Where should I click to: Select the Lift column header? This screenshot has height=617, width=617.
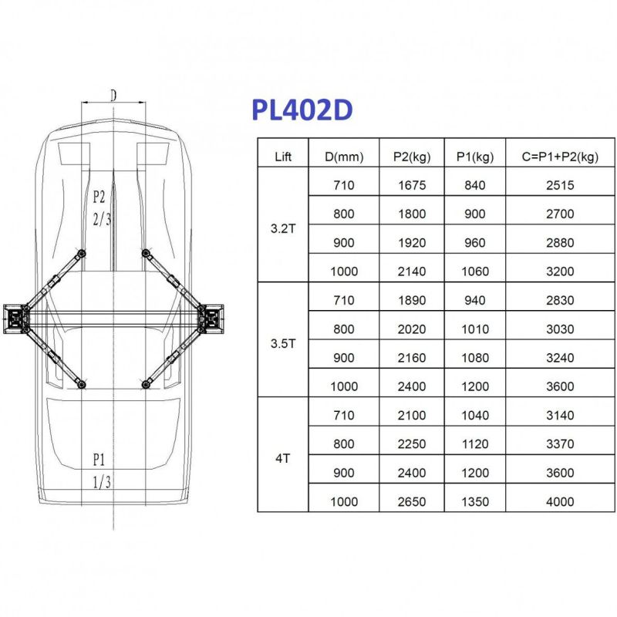[283, 157]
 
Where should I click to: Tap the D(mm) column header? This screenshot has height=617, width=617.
[344, 157]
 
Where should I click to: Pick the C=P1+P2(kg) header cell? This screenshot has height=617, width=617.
[559, 157]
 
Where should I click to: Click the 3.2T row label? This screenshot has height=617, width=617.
[283, 228]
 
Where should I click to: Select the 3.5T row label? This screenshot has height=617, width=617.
[283, 344]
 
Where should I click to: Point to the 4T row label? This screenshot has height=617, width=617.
[283, 458]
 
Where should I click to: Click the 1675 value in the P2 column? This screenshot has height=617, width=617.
[413, 185]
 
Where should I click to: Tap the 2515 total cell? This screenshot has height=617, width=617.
[559, 185]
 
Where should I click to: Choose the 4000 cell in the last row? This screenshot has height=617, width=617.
[559, 501]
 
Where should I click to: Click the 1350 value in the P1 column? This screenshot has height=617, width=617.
[475, 501]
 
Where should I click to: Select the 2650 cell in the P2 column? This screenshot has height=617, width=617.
[413, 501]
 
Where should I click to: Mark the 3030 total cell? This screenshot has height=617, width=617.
[559, 329]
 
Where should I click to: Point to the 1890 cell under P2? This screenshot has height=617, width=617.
[413, 300]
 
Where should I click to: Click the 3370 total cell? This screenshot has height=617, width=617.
[559, 443]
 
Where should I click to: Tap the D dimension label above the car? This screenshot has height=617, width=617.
[113, 96]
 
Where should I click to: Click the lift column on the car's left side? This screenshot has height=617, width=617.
[15, 318]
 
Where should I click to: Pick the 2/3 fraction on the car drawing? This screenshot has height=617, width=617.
[102, 220]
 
